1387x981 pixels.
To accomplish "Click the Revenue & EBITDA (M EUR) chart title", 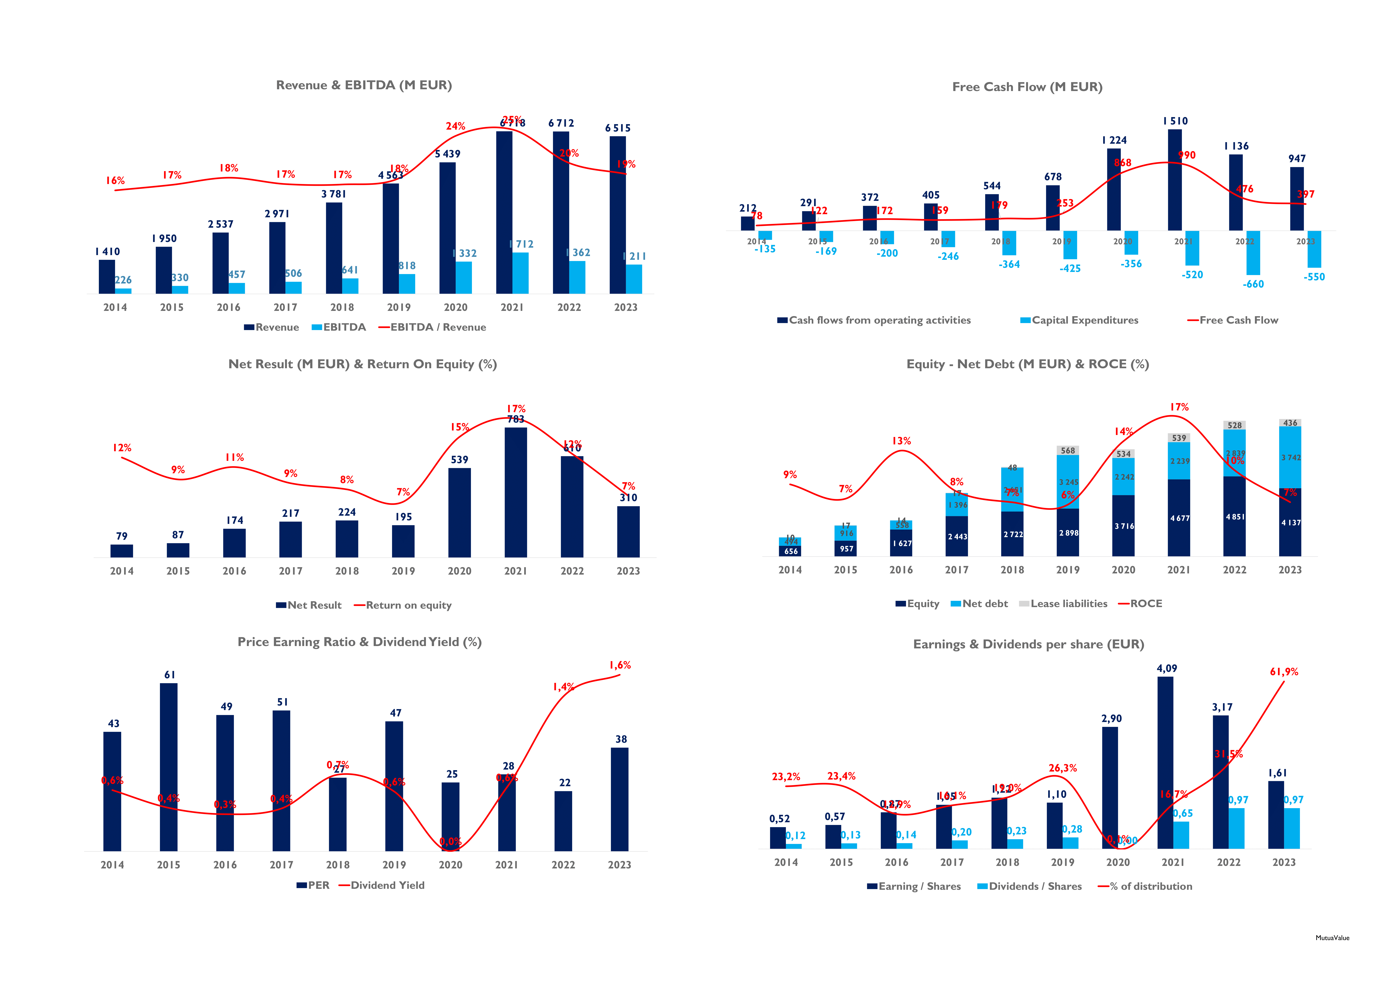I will click(x=364, y=85).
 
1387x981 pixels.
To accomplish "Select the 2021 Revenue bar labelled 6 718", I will click(x=504, y=211).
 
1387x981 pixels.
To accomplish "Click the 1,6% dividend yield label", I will click(x=620, y=665).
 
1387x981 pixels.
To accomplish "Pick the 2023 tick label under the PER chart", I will click(x=619, y=865).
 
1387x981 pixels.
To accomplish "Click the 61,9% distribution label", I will click(x=1284, y=672).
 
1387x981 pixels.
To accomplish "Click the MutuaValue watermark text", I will click(x=1332, y=938).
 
